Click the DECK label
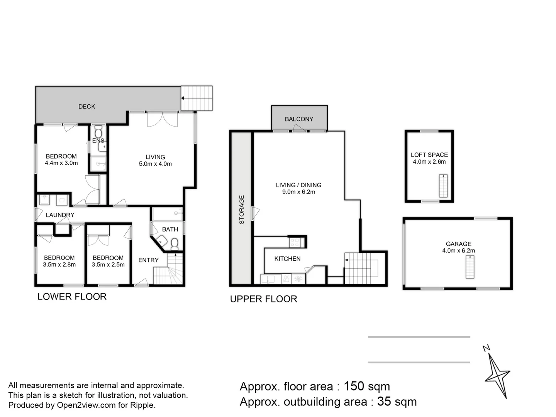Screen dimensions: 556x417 click(x=86, y=107)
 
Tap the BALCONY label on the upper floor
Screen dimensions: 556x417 click(x=299, y=119)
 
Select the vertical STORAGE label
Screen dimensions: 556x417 click(x=242, y=210)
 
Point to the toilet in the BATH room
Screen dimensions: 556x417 click(x=175, y=244)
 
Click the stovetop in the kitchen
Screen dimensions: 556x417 click(x=295, y=242)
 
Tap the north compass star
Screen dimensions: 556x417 click(x=497, y=375)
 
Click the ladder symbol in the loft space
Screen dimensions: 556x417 click(x=443, y=186)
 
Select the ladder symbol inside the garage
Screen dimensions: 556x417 click(x=470, y=267)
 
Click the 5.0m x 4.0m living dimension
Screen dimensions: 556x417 click(x=155, y=164)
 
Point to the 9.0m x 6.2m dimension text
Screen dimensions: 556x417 click(x=298, y=192)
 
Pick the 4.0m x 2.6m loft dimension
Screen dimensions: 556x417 click(x=429, y=162)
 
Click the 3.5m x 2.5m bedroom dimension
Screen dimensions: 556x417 click(x=108, y=264)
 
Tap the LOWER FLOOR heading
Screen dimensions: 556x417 click(x=72, y=297)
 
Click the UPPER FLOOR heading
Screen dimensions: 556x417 click(x=263, y=299)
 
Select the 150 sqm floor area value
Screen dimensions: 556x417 click(x=367, y=386)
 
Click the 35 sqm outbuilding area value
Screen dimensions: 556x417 click(x=397, y=402)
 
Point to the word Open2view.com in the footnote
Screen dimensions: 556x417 click(x=86, y=405)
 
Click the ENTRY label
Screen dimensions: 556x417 click(x=148, y=260)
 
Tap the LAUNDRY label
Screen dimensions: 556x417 click(x=60, y=215)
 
